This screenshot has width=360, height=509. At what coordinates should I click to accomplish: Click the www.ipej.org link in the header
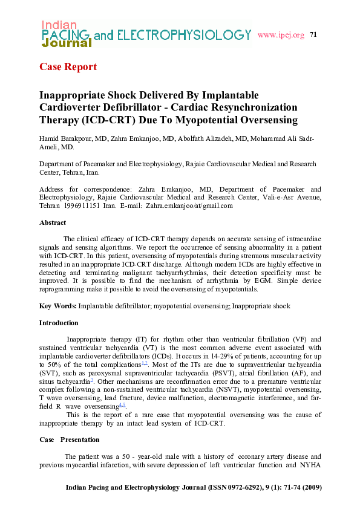point(280,35)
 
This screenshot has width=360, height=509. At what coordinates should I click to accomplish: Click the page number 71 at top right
point(313,34)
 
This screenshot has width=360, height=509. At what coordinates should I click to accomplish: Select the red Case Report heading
point(68,66)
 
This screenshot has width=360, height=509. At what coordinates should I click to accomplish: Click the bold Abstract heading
point(53,223)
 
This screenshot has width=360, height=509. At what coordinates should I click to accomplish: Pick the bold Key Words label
point(58,306)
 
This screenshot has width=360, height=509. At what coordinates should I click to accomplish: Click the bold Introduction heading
point(59,323)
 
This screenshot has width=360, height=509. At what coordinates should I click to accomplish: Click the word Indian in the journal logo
point(59,25)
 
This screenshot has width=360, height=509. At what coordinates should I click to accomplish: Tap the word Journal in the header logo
point(67,44)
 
